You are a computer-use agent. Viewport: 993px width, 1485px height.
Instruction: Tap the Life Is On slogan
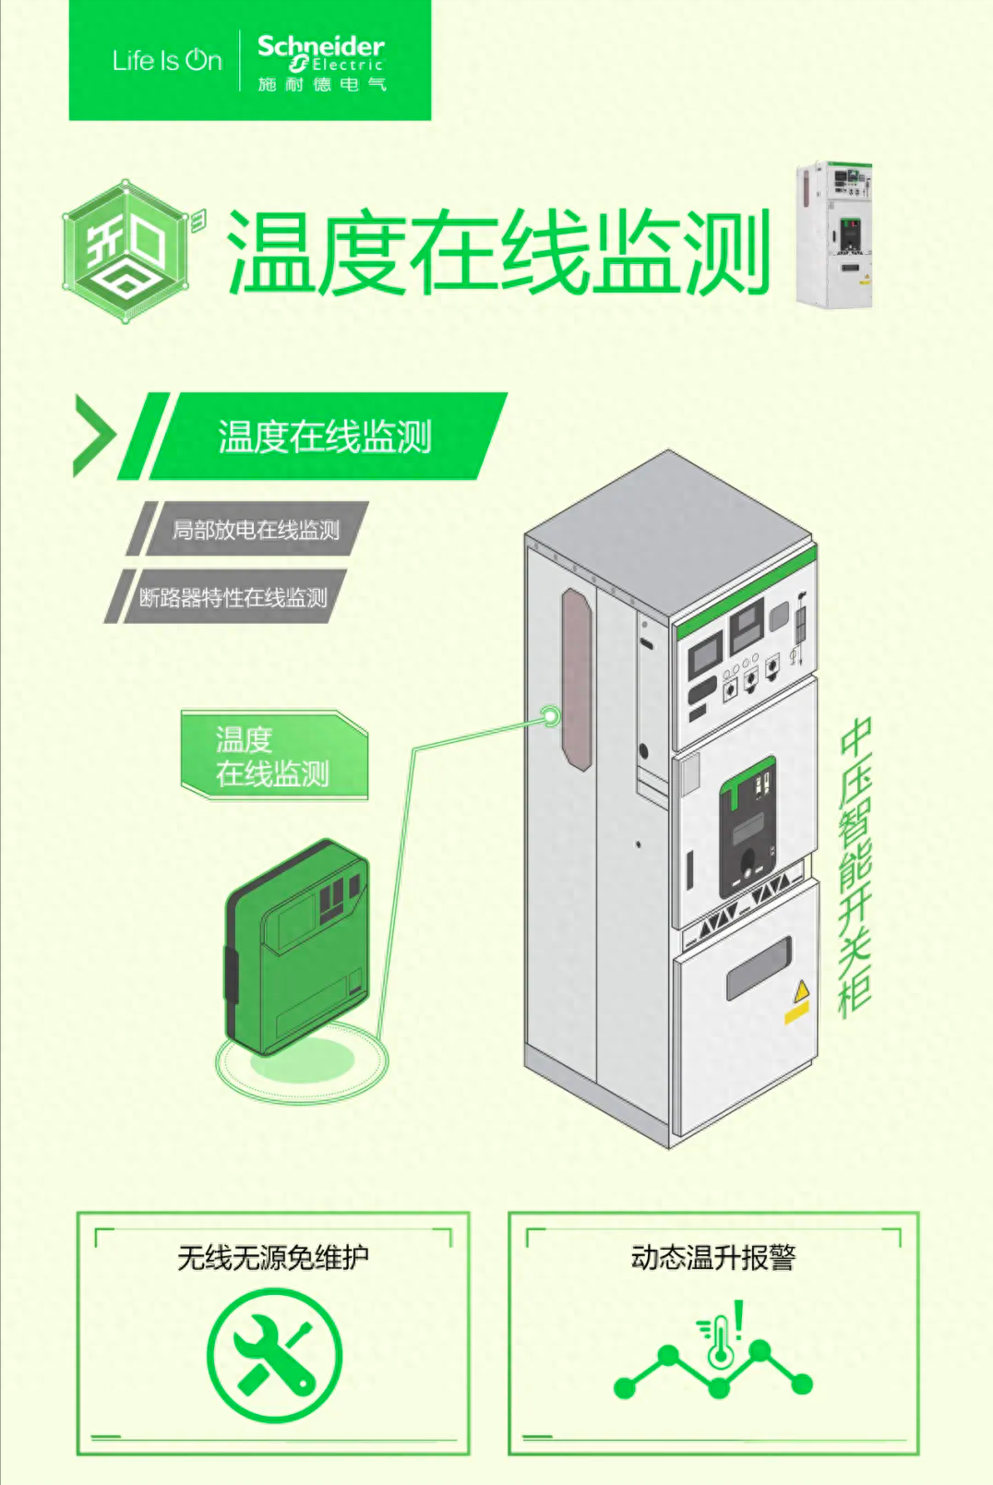[167, 61]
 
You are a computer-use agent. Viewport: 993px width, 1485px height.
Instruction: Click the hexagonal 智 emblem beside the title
[127, 251]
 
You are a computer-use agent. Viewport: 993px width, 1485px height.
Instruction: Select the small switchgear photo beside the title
[833, 234]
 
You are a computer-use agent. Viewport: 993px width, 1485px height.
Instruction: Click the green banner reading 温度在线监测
[325, 437]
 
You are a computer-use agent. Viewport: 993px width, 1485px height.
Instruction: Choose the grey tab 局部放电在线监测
[256, 530]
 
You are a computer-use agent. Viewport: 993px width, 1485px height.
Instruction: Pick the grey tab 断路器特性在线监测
[233, 597]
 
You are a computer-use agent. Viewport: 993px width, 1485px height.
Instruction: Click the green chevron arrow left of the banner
[93, 435]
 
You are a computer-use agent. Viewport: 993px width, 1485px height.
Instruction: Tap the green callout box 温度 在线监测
[273, 756]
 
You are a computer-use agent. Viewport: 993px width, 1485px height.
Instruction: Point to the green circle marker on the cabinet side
[550, 715]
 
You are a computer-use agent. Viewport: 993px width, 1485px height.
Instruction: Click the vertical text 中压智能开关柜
[855, 868]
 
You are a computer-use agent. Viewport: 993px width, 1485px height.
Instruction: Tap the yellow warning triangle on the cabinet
[801, 991]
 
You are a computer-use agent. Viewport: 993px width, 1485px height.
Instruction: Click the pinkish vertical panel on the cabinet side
[576, 678]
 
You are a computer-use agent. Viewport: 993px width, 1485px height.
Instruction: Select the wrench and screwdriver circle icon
[274, 1356]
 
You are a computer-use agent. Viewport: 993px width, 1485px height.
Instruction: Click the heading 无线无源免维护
[273, 1257]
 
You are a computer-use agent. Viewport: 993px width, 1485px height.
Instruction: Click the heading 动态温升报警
[712, 1257]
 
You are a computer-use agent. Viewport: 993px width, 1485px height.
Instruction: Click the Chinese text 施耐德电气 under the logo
[322, 85]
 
